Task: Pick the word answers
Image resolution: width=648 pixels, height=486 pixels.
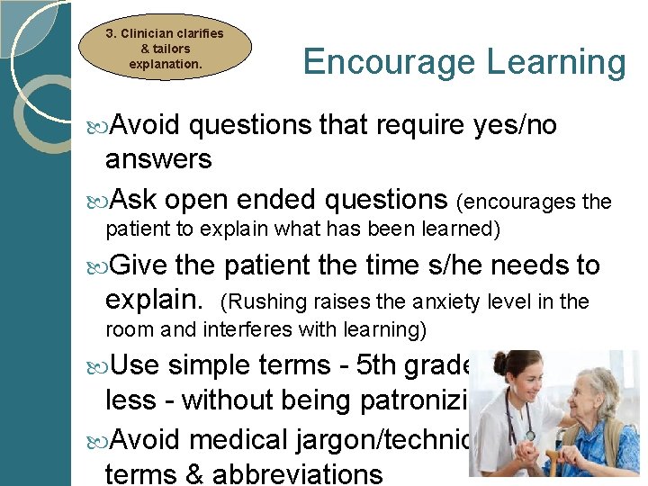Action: (x=158, y=159)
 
